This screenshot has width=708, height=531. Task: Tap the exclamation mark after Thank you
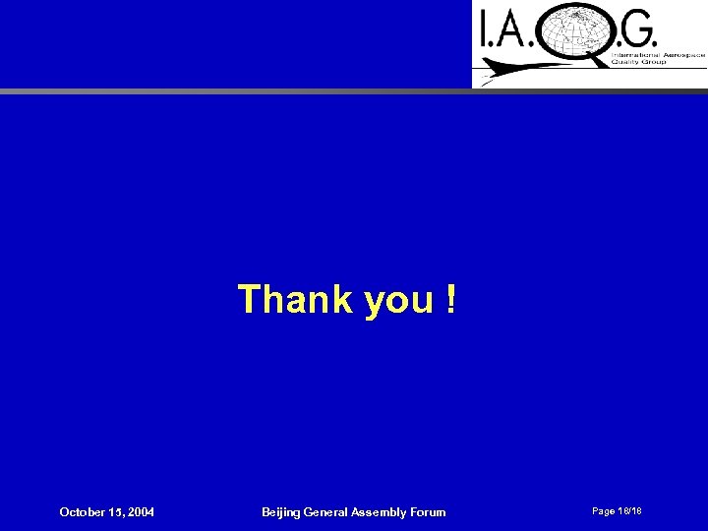coord(449,299)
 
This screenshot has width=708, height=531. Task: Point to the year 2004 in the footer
coord(140,512)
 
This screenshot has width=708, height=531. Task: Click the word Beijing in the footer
coord(283,512)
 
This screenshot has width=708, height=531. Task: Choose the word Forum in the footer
coord(429,512)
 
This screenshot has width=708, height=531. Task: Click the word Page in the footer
coord(604,511)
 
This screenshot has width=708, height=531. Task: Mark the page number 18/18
coord(630,511)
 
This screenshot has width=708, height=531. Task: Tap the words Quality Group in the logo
coord(639,62)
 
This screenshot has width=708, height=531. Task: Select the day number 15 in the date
coord(114,512)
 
